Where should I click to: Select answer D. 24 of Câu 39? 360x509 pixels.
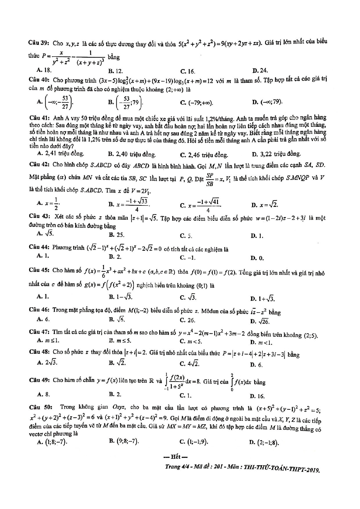point(260,70)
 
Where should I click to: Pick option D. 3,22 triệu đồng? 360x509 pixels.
point(276,154)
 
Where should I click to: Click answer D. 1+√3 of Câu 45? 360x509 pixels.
point(262,299)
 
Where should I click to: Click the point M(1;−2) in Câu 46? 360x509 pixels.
point(138,311)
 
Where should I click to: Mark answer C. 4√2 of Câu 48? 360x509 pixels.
point(190,364)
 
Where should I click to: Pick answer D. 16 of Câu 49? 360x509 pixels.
point(257,396)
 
